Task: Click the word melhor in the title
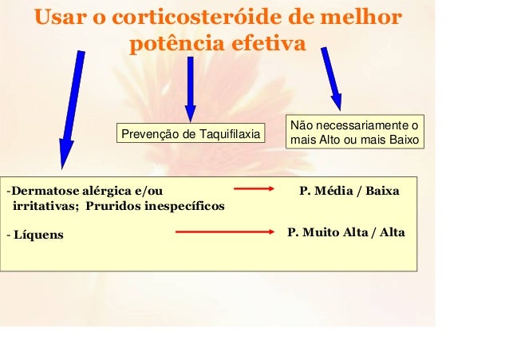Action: point(358,18)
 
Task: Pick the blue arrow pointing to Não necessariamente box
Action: point(329,78)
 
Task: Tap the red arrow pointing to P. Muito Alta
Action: point(224,231)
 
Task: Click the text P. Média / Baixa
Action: point(349,192)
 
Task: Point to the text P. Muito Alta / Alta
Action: point(345,232)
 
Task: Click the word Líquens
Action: point(37,235)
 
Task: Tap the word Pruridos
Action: point(112,206)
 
